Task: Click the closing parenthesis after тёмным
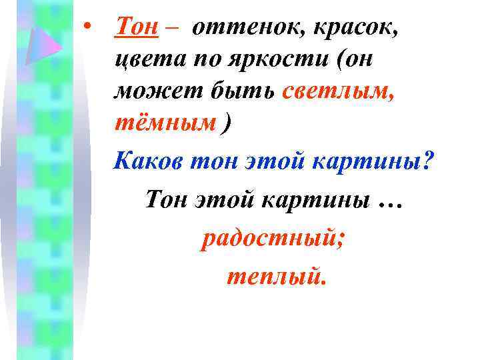(x=231, y=123)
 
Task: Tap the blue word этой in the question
(x=266, y=160)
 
